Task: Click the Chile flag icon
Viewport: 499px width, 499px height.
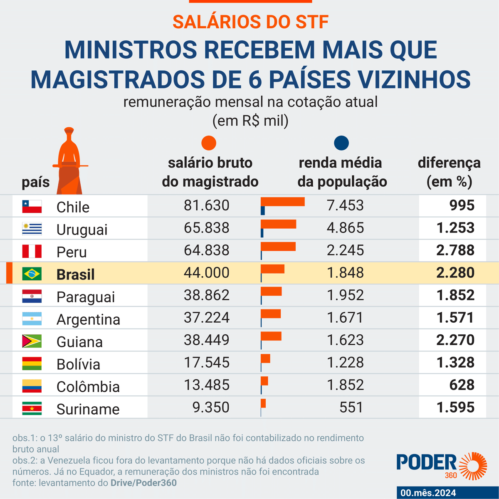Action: coord(32,206)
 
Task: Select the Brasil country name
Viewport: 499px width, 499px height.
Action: coord(75,274)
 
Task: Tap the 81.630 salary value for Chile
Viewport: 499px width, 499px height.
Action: coord(207,205)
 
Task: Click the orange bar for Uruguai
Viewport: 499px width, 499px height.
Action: coord(278,224)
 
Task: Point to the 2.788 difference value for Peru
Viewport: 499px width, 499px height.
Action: coord(455,250)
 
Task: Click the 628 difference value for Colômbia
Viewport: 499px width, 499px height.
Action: coord(462,385)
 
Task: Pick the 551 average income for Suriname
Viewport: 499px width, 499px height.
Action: coord(351,408)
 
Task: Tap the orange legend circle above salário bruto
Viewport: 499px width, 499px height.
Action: coord(209,143)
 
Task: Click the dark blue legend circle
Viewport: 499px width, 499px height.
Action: coord(341,143)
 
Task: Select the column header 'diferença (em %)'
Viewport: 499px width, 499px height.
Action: coord(449,172)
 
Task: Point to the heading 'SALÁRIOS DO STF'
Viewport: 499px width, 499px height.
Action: coord(250,22)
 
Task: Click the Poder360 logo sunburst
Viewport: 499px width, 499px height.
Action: coord(474,466)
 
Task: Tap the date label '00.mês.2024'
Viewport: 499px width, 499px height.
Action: coord(428,493)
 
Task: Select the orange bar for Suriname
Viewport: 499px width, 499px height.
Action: coord(263,403)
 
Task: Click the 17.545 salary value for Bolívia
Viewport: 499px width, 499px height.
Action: coord(207,363)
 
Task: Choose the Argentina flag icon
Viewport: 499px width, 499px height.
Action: coord(32,319)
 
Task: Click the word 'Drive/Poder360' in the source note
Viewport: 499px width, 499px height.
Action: coord(143,483)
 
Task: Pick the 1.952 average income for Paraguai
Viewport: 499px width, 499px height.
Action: coord(345,295)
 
